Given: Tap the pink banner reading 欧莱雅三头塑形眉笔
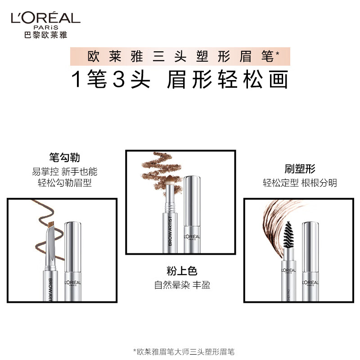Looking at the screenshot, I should [180, 57].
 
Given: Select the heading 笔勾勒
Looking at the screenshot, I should [64, 158].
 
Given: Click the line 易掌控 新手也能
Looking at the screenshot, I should [64, 171].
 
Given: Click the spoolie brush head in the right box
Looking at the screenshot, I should [289, 234].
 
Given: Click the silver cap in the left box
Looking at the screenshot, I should [72, 261].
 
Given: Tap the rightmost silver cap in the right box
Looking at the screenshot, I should [310, 261].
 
